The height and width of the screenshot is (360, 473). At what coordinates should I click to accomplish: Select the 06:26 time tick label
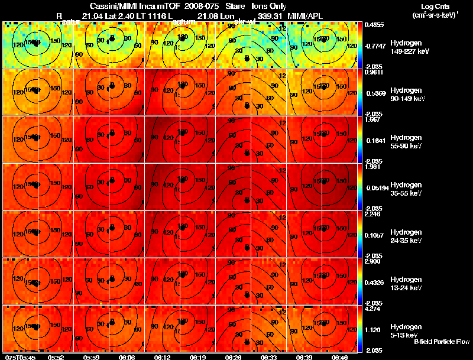[233, 357]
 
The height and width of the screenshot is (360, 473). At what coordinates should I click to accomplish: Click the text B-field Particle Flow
[441, 342]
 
